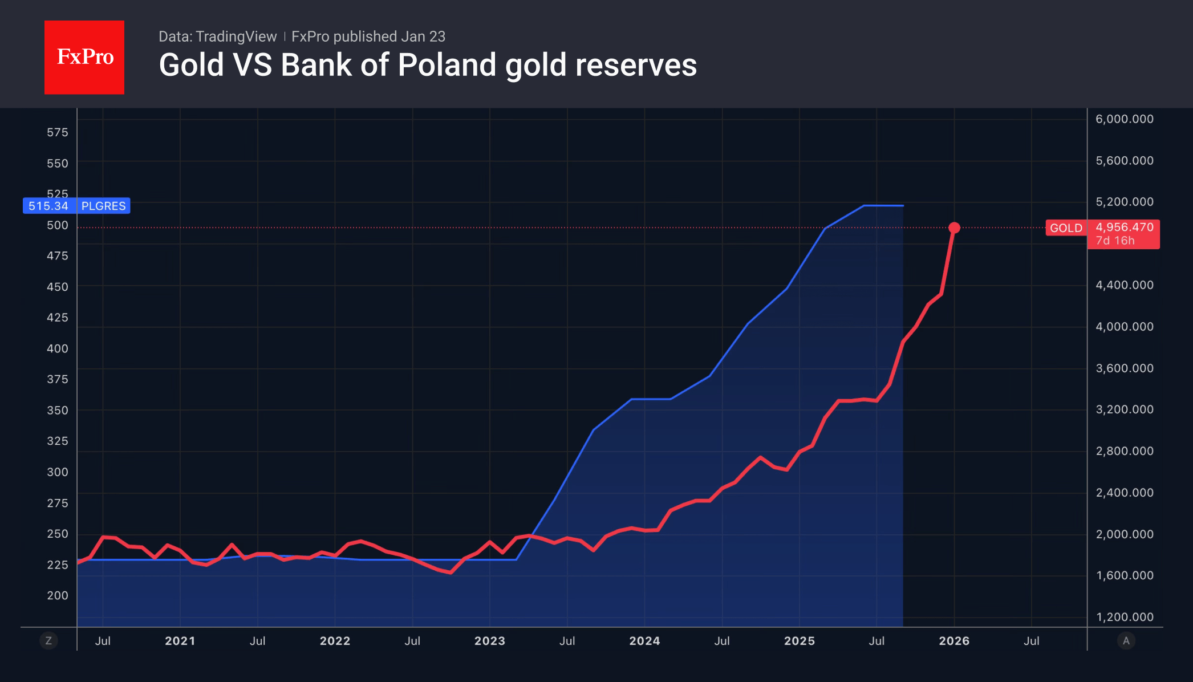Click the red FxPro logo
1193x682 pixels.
(x=84, y=57)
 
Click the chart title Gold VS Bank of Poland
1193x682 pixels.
(x=427, y=65)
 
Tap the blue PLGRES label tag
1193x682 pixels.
(x=103, y=206)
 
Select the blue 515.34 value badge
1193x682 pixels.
(x=48, y=206)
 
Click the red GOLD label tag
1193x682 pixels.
(x=1066, y=228)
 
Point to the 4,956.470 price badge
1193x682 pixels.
(x=1124, y=228)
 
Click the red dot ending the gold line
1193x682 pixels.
(x=954, y=228)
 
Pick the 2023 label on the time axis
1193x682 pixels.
(x=489, y=641)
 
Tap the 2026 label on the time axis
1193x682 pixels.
(x=953, y=641)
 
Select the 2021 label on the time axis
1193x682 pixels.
(x=180, y=641)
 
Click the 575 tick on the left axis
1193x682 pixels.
(x=57, y=132)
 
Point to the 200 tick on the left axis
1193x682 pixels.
(x=57, y=595)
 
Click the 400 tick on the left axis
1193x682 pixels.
(x=57, y=348)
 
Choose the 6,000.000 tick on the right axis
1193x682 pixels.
(x=1124, y=119)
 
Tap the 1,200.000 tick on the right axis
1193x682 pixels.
(x=1124, y=617)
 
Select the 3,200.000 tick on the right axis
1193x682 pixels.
(x=1124, y=409)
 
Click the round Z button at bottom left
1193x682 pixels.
(x=48, y=641)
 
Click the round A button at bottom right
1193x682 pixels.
(x=1126, y=641)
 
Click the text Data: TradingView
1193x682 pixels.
(x=217, y=36)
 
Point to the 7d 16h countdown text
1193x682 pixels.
(x=1115, y=241)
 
